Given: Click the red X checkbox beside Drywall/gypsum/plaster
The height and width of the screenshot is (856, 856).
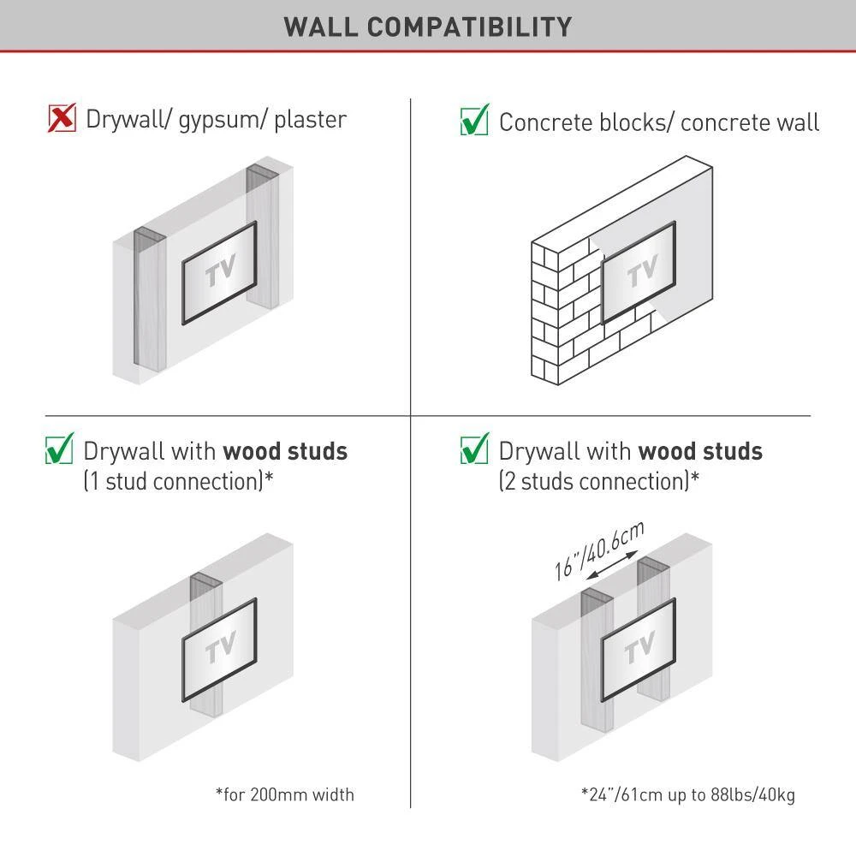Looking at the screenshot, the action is [x=62, y=118].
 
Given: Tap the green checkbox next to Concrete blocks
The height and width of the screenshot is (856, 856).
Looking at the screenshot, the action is [x=474, y=120].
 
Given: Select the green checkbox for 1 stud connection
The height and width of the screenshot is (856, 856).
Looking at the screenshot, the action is [x=60, y=449].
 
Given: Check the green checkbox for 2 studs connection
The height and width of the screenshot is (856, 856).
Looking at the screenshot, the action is [x=474, y=449].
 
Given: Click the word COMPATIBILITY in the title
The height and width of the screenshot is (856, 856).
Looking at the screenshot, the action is [x=469, y=27].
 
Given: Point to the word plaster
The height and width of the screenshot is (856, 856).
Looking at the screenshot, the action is [x=310, y=120].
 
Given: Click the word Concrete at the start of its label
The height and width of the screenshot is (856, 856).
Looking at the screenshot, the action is [x=546, y=122].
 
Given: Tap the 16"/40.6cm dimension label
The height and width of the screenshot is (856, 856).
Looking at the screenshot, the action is [x=599, y=550].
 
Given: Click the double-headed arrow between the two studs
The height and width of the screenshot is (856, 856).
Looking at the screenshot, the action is [x=611, y=565].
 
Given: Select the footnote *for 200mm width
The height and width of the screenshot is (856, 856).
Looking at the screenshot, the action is [x=285, y=794].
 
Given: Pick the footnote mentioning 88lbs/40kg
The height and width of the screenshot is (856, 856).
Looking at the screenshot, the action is [x=688, y=795].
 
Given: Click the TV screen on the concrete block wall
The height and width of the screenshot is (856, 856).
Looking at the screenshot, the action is [x=639, y=273].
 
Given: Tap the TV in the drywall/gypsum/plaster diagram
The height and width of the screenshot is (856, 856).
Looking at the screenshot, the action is [x=219, y=273].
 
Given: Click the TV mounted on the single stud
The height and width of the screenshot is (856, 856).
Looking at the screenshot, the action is [x=219, y=650].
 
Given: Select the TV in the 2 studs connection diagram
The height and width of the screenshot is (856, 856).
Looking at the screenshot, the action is [x=639, y=650].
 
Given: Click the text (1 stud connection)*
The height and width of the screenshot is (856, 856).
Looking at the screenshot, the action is [x=179, y=481].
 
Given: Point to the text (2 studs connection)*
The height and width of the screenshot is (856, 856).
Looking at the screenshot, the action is [x=599, y=481].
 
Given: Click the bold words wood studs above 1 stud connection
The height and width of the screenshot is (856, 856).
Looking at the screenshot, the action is [x=285, y=451].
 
